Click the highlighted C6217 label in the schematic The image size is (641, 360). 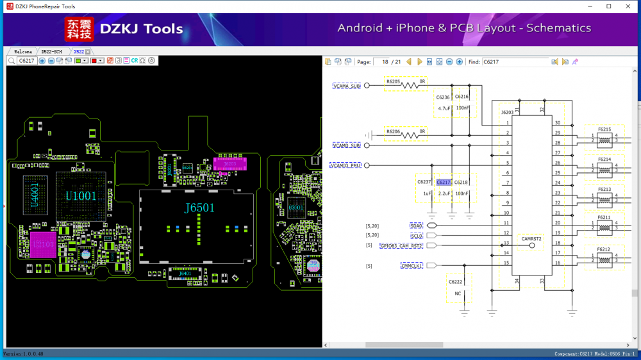point(444,182)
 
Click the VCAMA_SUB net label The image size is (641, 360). point(347,85)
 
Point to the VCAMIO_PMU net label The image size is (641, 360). point(345,165)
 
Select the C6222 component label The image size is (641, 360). point(455,282)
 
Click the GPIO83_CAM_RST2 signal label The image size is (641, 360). point(401,245)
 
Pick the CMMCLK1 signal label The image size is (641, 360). point(412,265)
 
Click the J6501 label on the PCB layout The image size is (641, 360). point(199,208)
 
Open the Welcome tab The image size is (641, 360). point(23,51)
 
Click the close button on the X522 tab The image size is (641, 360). point(88,51)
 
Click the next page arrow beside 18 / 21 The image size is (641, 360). point(420,61)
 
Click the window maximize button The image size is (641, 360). point(608,6)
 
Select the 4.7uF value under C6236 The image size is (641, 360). point(443,108)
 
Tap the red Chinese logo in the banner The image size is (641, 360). point(79,29)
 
